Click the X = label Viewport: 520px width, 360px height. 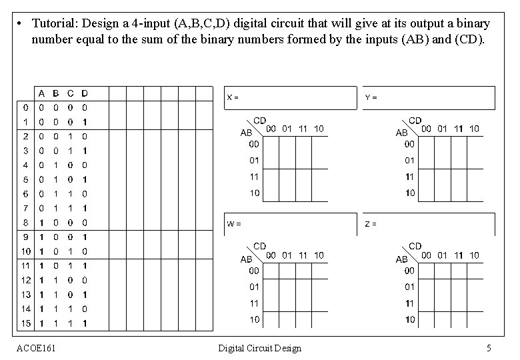click(x=233, y=97)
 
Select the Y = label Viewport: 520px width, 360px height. click(x=371, y=97)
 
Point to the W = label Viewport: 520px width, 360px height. click(x=233, y=223)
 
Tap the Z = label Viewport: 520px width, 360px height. click(x=371, y=224)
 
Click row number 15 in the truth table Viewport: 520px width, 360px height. click(x=25, y=323)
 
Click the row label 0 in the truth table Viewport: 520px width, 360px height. click(x=25, y=107)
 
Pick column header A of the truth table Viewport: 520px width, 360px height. click(x=41, y=93)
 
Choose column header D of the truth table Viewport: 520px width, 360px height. click(x=84, y=93)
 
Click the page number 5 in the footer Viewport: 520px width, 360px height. click(x=489, y=348)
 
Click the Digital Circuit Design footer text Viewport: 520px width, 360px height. click(x=260, y=348)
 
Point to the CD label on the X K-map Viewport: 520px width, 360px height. click(x=259, y=120)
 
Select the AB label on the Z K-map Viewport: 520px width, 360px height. click(x=401, y=259)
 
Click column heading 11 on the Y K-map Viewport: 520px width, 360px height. click(x=459, y=128)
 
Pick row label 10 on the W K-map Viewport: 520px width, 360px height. click(x=255, y=319)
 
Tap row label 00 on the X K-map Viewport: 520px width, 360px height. click(x=255, y=143)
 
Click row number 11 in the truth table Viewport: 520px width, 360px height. click(x=24, y=265)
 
